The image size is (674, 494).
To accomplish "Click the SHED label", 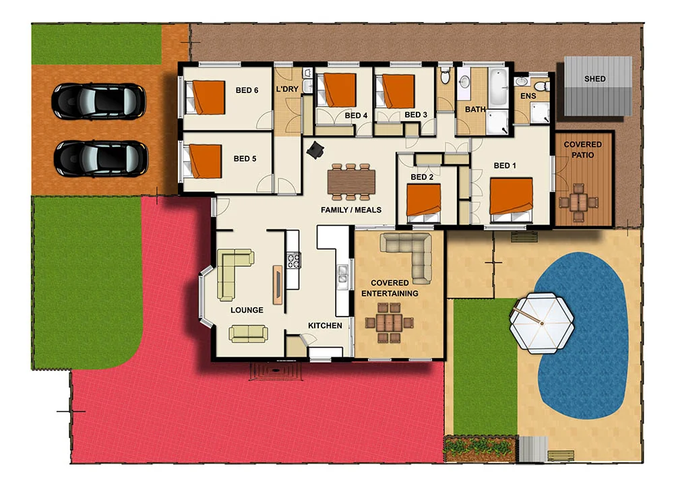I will (594, 79).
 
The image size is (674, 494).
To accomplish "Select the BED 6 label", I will (247, 90).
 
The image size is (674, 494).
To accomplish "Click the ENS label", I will (528, 97).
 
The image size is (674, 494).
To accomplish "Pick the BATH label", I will (475, 109).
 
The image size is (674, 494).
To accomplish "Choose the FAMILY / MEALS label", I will (350, 210).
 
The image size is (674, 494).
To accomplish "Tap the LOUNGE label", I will (247, 310).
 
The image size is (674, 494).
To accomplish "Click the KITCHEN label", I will (325, 326).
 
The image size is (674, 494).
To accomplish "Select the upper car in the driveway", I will (98, 100).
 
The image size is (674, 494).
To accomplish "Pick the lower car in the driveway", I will (100, 158).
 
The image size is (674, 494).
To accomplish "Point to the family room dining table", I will (351, 181).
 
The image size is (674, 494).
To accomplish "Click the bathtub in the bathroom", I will (497, 87).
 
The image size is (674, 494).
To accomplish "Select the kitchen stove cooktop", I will (293, 260).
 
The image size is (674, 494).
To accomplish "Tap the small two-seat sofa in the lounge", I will (247, 333).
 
